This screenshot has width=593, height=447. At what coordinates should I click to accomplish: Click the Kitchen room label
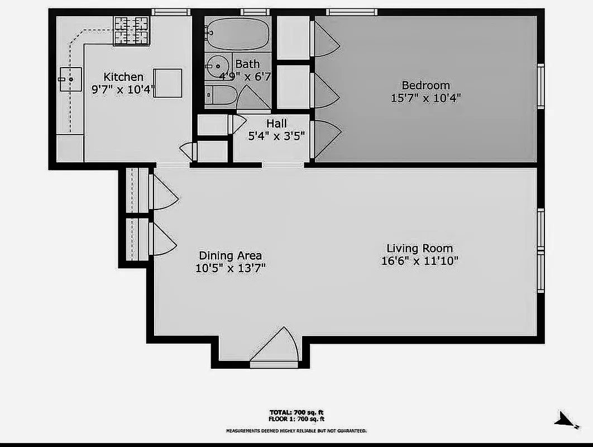point(123,77)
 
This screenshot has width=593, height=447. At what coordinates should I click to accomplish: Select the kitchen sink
point(70,79)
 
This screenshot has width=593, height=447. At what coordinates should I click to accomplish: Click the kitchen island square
point(168,83)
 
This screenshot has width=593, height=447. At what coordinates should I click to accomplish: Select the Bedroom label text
point(425,85)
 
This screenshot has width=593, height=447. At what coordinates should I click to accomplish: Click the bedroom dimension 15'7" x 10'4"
point(425,98)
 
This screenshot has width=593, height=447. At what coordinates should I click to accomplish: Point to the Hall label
point(276,123)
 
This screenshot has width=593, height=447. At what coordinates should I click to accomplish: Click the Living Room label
point(419,249)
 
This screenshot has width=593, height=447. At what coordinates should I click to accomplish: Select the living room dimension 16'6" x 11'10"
point(419,261)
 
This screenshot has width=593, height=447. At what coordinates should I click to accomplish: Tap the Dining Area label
point(230,255)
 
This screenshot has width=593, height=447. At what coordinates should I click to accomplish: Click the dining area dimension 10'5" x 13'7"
point(230,268)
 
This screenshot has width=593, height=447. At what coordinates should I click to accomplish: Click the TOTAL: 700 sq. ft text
point(296,412)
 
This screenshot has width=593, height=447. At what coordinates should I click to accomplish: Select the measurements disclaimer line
point(296,431)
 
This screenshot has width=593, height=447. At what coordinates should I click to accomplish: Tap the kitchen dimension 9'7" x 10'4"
point(123,89)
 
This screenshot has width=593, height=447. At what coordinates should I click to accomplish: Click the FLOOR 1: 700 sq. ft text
point(296,419)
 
